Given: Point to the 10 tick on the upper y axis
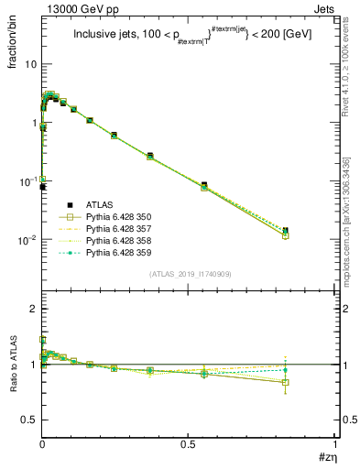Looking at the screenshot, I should point(30,64).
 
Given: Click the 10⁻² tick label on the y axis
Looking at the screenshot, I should point(27,240).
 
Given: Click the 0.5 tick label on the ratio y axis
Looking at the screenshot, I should point(30,420).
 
